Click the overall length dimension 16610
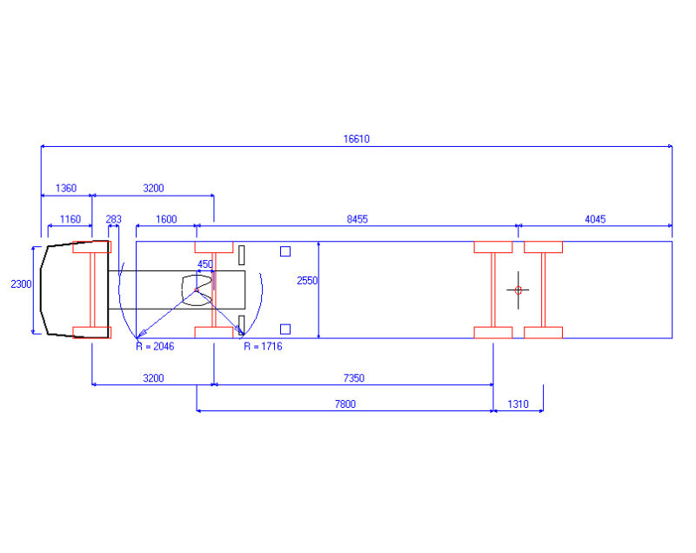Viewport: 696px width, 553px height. (356, 138)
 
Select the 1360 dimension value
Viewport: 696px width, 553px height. (65, 188)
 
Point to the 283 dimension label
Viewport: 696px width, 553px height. (113, 219)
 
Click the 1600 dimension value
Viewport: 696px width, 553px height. (165, 219)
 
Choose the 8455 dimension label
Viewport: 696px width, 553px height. (357, 219)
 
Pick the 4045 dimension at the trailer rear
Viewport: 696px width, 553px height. (594, 219)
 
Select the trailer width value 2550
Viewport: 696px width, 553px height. (308, 280)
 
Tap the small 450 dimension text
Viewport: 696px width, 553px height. (205, 263)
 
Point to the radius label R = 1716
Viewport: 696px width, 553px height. (262, 346)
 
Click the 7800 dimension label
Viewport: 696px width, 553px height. (345, 403)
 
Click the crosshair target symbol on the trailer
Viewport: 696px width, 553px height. (518, 290)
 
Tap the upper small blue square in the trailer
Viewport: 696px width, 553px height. (284, 252)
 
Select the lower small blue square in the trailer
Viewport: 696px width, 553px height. (284, 329)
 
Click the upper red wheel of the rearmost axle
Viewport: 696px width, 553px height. (543, 247)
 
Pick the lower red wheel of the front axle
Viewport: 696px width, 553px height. (92, 331)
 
